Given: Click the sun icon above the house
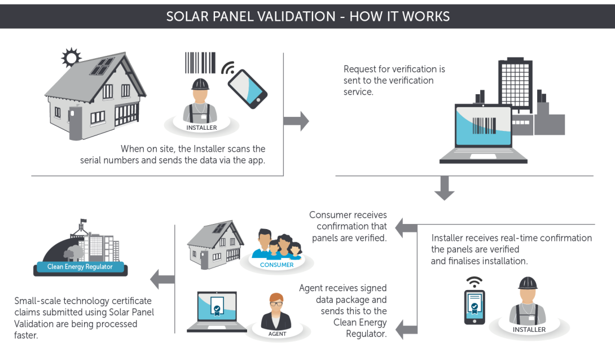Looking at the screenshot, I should pyautogui.click(x=71, y=56).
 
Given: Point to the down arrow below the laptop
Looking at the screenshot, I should pyautogui.click(x=445, y=188).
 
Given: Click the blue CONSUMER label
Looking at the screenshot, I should pyautogui.click(x=276, y=265).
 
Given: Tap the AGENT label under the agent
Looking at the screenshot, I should pyautogui.click(x=277, y=333).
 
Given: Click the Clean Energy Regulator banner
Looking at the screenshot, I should pyautogui.click(x=80, y=267).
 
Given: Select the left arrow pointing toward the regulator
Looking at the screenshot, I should pyautogui.click(x=162, y=278).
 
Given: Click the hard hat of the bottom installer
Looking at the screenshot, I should pyautogui.click(x=528, y=283).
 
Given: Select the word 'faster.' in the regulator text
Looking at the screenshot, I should pyautogui.click(x=26, y=335).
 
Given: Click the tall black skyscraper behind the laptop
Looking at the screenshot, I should pyautogui.click(x=515, y=85).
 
